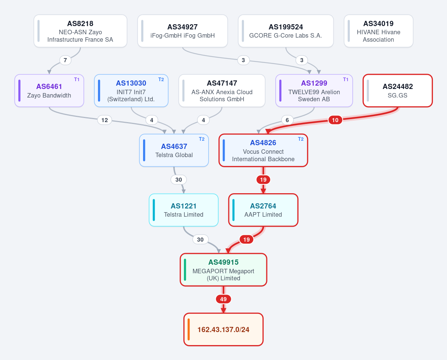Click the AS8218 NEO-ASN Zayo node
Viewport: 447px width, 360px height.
tap(80, 31)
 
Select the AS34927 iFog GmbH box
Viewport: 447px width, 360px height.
tap(183, 31)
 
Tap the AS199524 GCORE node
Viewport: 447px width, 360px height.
tap(286, 31)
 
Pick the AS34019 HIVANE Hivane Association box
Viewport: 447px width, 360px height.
tap(378, 31)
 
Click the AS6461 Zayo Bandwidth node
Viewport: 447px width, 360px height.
tap(49, 91)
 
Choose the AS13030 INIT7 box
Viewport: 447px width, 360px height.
tap(131, 91)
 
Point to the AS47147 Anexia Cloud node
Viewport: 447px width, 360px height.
tap(222, 91)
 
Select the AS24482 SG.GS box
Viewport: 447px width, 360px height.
tap(397, 91)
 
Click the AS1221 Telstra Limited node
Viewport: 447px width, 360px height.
tap(184, 210)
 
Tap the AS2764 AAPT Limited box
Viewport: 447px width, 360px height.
tap(263, 210)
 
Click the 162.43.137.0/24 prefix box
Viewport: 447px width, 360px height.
tap(223, 329)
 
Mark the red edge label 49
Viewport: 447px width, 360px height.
tap(223, 299)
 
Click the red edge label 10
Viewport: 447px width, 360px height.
tap(335, 120)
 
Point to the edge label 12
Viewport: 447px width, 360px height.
tap(104, 120)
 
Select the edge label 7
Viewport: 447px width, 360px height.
tap(65, 60)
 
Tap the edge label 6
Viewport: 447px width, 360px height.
tap(287, 120)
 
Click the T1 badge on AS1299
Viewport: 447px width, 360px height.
tap(346, 80)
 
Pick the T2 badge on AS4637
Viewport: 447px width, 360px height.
tap(202, 139)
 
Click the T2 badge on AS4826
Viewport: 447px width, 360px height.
tap(301, 139)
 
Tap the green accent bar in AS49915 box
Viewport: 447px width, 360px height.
tap(185, 270)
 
